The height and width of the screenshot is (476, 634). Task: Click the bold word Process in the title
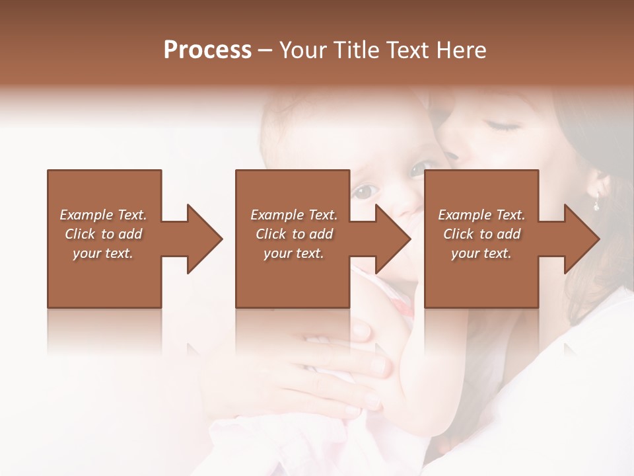pyautogui.click(x=207, y=50)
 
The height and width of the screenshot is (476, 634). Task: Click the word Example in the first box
pyautogui.click(x=86, y=215)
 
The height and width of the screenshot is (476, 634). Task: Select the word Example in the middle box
pyautogui.click(x=276, y=215)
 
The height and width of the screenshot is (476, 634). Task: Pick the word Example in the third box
pyautogui.click(x=464, y=215)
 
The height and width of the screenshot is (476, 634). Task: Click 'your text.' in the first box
pyautogui.click(x=103, y=253)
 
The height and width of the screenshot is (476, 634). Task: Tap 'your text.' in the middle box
pyautogui.click(x=293, y=253)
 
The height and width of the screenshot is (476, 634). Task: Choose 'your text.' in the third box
pyautogui.click(x=481, y=253)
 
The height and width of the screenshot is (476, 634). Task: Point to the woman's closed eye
pyautogui.click(x=503, y=124)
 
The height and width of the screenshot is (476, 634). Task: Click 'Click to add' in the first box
pyautogui.click(x=104, y=234)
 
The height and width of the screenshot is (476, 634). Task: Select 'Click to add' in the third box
pyautogui.click(x=482, y=234)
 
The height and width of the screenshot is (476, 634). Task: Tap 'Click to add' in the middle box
pyautogui.click(x=294, y=234)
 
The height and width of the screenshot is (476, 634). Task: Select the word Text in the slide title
pyautogui.click(x=405, y=50)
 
